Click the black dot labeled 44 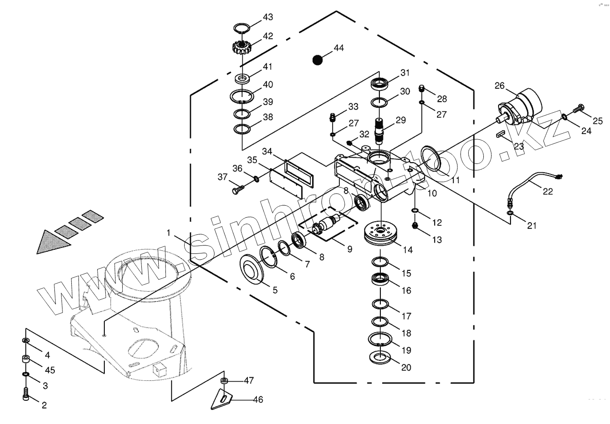(317, 60)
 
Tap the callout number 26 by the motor (499, 85)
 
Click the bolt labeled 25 (579, 107)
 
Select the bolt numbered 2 (26, 394)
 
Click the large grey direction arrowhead (54, 242)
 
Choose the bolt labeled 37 (236, 191)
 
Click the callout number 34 (267, 151)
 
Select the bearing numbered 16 (380, 281)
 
